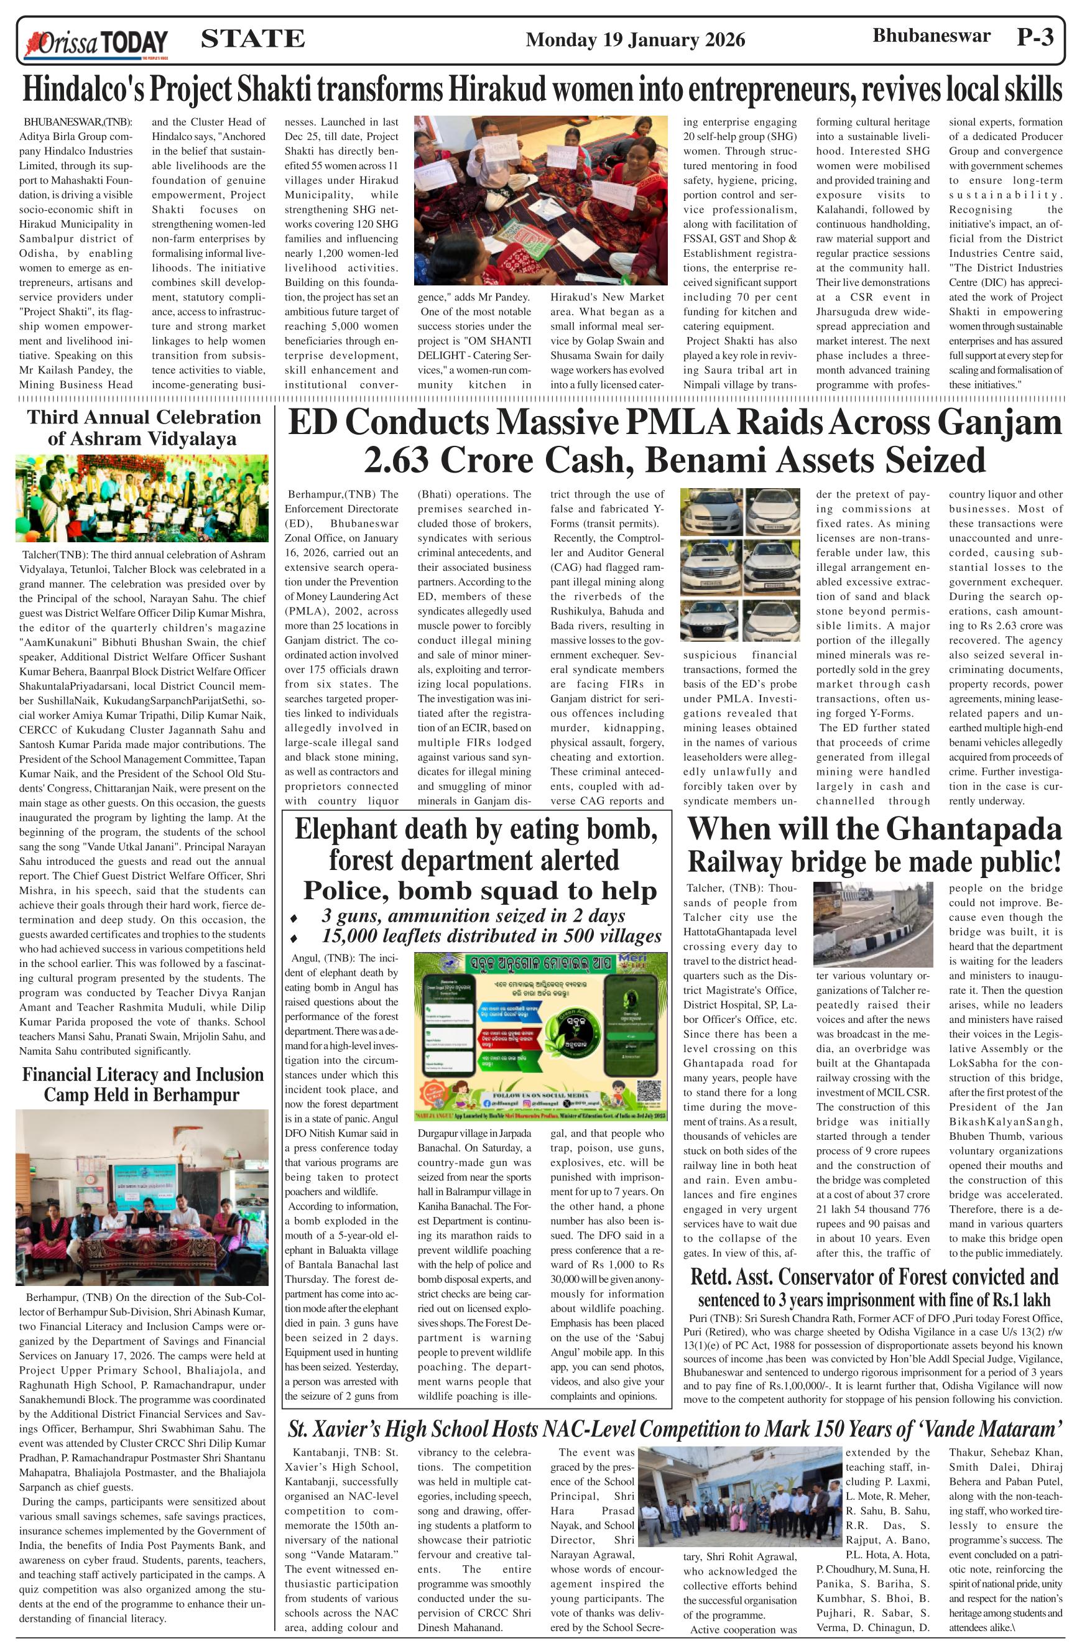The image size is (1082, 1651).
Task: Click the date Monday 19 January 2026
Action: [x=635, y=40]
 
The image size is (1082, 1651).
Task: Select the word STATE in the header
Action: [x=252, y=39]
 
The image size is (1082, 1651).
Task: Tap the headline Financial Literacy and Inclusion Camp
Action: [x=142, y=1084]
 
